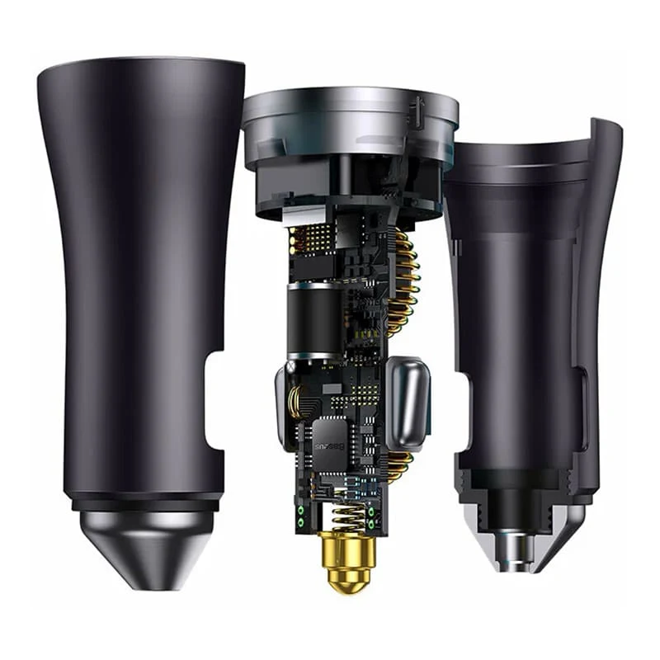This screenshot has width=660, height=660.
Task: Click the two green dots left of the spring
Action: [301, 516]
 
